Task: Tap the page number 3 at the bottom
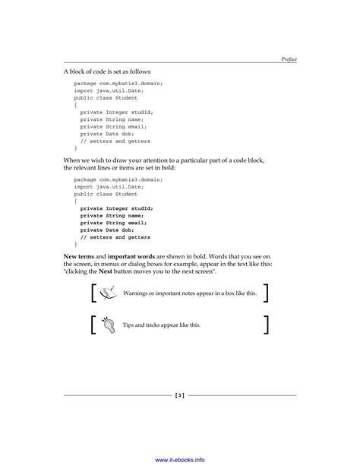pos(180,395)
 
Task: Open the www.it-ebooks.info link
pos(180,459)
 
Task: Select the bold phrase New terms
pos(77,257)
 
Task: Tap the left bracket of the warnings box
pos(92,293)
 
